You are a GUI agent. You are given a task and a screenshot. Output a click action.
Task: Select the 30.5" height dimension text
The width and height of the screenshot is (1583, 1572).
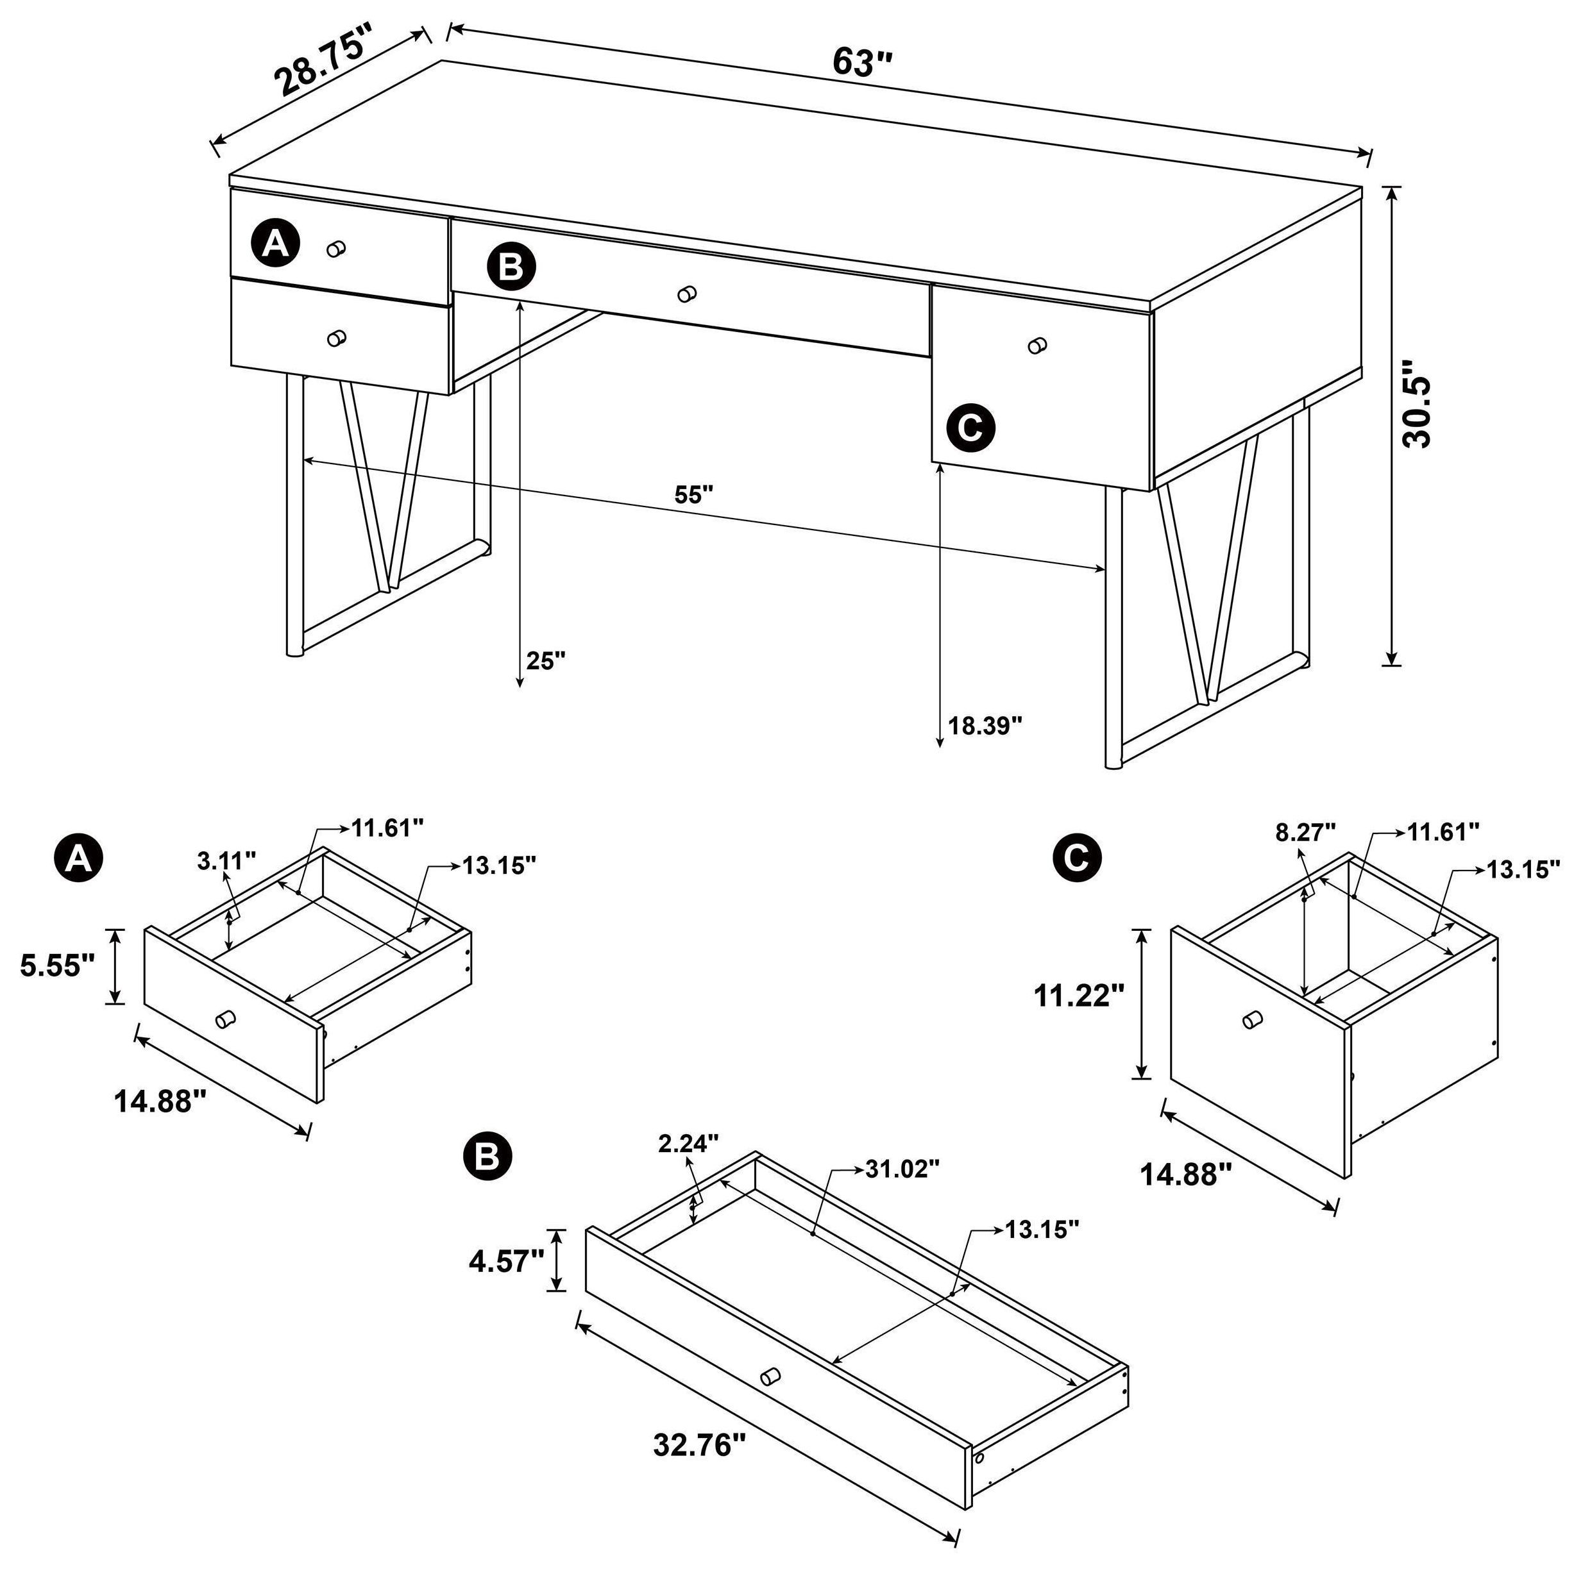tap(1417, 413)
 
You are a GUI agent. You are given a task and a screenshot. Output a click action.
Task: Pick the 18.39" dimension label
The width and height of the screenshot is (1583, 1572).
tap(986, 725)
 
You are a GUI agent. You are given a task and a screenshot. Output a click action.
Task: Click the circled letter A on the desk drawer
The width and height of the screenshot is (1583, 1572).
tap(275, 243)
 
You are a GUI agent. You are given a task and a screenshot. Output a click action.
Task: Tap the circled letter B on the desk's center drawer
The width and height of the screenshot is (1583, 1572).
tap(511, 267)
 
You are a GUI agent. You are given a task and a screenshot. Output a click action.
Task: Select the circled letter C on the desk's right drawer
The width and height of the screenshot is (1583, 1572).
tap(970, 427)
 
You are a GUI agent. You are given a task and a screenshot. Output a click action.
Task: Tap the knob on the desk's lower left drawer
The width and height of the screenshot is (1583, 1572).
tap(336, 339)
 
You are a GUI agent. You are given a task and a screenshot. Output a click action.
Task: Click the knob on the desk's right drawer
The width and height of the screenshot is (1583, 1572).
tap(1037, 346)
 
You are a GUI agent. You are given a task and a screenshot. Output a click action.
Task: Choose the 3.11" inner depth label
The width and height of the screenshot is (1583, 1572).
tap(227, 860)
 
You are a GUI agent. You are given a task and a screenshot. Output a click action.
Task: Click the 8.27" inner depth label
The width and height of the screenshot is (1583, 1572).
tap(1306, 832)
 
